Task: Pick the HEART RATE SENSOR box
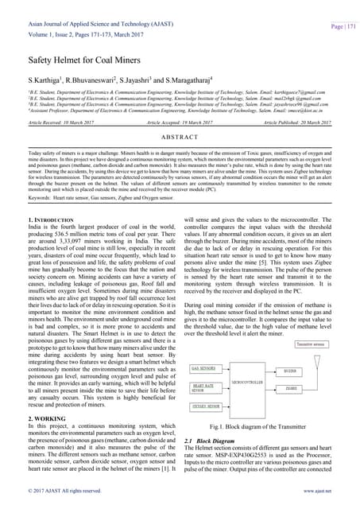click(x=207, y=387)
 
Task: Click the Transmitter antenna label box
click(x=312, y=344)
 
